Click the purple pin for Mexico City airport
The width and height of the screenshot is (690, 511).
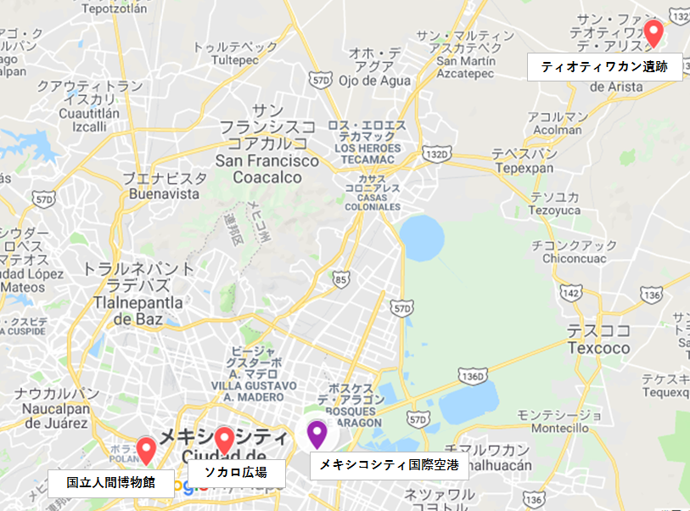point(317,434)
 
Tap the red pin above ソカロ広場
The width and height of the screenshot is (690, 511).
point(224,440)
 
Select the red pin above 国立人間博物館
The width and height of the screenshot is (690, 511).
point(146,448)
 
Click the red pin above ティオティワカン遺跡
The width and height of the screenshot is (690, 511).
point(653,32)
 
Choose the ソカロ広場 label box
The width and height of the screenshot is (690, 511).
point(236,473)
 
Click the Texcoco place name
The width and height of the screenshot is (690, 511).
point(598,348)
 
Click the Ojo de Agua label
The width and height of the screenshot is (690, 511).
point(373,81)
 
